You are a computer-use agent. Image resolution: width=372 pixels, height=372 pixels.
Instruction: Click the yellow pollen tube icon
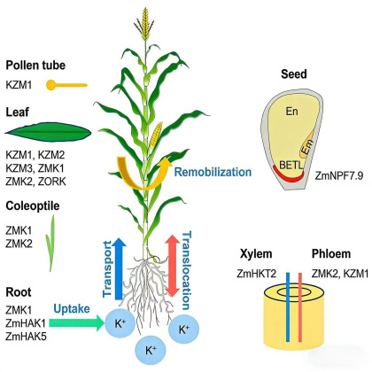[66, 85]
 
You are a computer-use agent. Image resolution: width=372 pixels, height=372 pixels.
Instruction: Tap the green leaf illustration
[48, 132]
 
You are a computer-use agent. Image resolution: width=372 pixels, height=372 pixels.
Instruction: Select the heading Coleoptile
[33, 205]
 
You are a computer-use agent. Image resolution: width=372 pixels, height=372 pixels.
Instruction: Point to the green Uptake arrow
[77, 323]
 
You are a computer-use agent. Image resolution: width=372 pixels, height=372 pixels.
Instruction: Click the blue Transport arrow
[119, 268]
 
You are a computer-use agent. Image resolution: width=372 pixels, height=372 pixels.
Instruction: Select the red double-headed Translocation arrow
[173, 266]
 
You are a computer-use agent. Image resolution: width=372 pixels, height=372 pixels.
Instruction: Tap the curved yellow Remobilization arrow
[143, 175]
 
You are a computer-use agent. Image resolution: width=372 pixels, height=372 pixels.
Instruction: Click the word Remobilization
[213, 172]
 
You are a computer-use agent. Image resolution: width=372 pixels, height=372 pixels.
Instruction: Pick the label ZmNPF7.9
[339, 175]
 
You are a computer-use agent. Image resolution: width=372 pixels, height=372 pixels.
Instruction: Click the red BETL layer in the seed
[289, 174]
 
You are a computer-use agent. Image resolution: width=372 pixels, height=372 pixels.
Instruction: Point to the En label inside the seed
[291, 112]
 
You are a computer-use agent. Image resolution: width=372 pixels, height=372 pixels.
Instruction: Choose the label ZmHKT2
[256, 274]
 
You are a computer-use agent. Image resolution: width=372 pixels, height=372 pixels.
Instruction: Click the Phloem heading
[331, 254]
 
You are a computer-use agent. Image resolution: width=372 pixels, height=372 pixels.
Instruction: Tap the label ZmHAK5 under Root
[26, 337]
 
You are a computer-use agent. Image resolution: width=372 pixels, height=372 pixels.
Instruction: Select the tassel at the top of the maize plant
[144, 24]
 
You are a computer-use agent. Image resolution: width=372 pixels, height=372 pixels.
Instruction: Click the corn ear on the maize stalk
[155, 135]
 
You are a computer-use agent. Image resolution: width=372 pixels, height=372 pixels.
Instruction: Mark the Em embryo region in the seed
[307, 147]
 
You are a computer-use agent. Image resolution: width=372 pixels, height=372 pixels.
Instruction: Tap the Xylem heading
[256, 254]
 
